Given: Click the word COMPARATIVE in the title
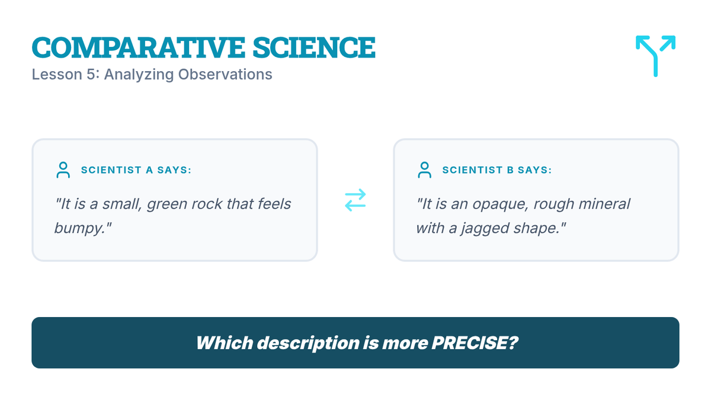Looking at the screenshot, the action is coord(139,47).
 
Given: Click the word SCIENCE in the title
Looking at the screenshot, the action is coord(314,47).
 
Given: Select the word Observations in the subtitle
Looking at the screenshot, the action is coord(225,74).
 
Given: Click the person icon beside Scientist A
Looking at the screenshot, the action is coord(63,170).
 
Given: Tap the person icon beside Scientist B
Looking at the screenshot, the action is coord(424,170).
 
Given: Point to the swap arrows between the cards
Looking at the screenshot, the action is coord(355,200).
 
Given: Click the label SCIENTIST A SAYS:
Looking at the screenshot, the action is coord(136,170).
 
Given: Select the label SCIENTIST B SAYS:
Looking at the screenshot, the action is coord(497,170).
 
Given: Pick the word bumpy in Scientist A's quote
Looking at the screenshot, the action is coord(79,228).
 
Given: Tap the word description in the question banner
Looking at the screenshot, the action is coord(308,344).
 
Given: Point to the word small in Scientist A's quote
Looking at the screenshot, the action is coord(121,204).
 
